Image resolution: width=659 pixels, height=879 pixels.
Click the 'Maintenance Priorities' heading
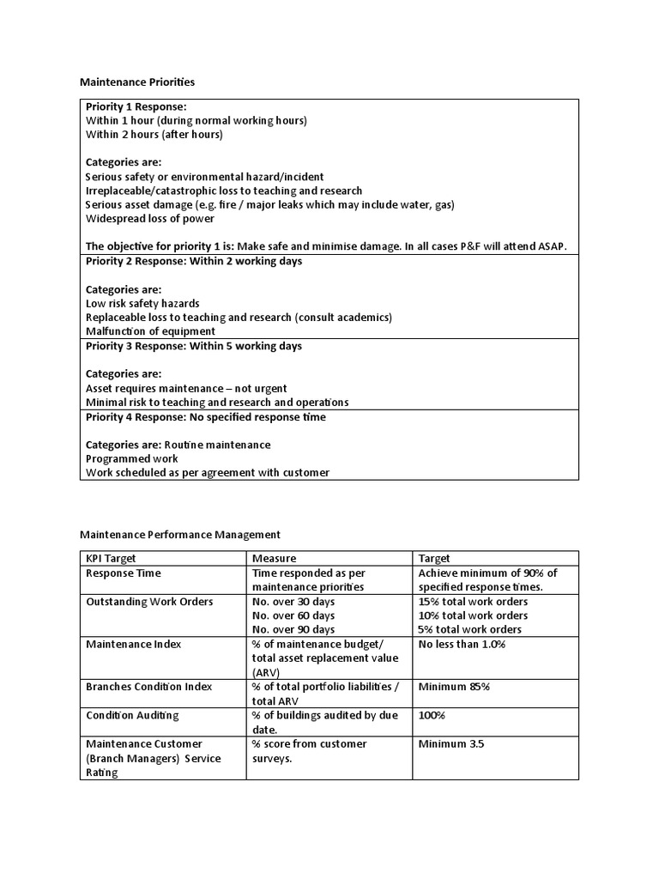point(137,82)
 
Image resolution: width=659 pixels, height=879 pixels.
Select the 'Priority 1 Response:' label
point(136,106)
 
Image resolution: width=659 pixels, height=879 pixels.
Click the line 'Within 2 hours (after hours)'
point(154,134)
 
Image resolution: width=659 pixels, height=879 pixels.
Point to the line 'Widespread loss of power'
point(150,218)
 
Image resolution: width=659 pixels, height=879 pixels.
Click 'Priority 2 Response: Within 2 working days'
point(194,261)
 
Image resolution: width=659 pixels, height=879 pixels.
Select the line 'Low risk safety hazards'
point(143,303)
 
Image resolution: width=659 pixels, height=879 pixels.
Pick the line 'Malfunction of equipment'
point(150,330)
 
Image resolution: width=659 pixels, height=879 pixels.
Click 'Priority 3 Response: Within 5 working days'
point(194,346)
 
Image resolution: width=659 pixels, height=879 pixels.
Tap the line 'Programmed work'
point(132,458)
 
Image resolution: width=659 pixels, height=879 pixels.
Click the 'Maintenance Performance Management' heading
point(180,534)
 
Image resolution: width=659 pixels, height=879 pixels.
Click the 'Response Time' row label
point(124,573)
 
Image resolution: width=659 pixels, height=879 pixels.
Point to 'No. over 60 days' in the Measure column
point(293,615)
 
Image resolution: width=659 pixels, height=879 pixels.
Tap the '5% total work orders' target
point(469,629)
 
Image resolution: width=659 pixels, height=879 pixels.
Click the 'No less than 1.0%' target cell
point(462,644)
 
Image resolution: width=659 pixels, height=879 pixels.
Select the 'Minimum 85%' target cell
point(454,687)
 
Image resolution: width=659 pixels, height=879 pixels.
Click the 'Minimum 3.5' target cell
point(451,743)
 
